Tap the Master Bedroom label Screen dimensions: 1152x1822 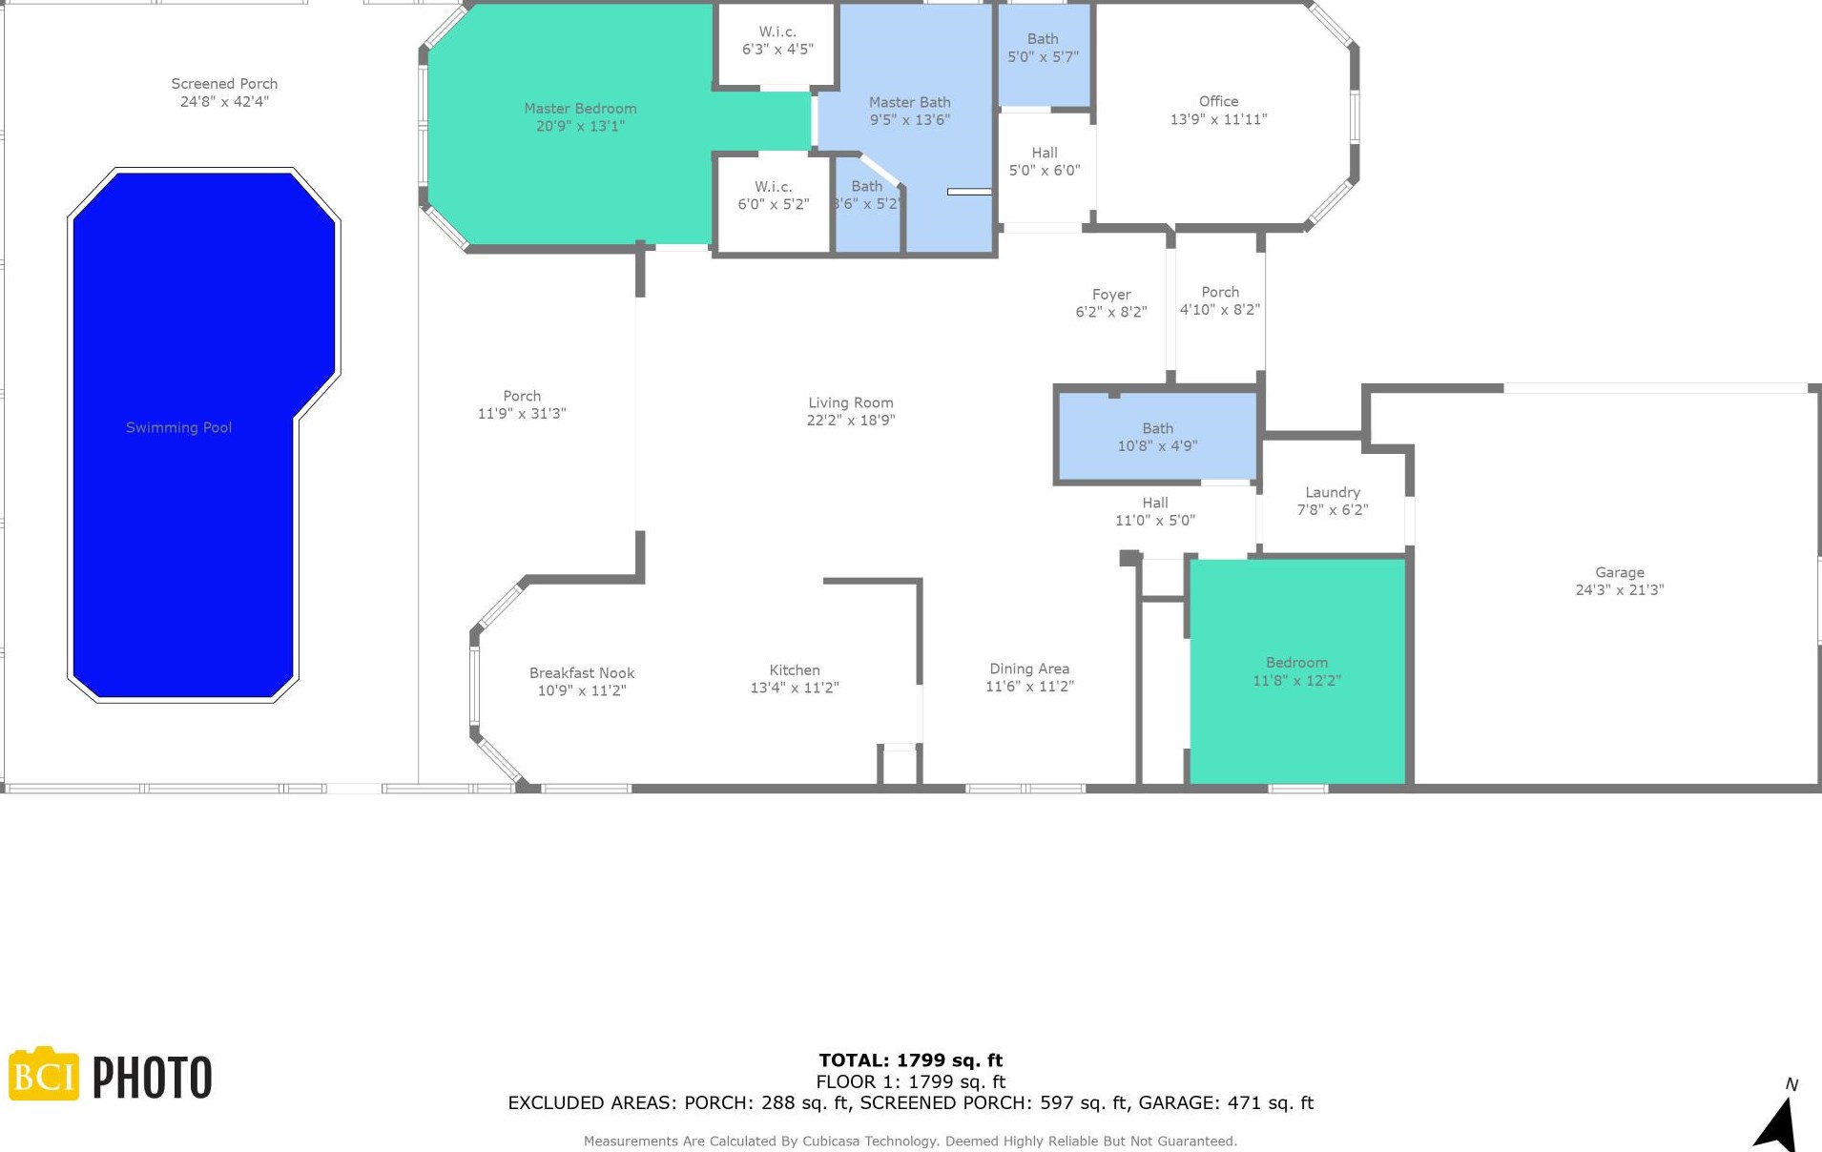point(580,109)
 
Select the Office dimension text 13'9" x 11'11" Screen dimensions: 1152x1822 point(1218,119)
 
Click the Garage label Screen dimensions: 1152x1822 point(1619,572)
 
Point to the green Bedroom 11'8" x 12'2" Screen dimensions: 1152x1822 point(1296,706)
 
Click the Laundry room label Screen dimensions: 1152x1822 point(1332,492)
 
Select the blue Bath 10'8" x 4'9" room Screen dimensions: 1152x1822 point(1157,437)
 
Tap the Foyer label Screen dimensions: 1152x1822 point(1111,295)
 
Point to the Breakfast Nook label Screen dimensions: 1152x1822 point(582,672)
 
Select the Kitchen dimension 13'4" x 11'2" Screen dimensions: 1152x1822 point(794,688)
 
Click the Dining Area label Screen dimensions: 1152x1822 point(1028,669)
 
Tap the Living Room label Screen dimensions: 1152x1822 point(850,402)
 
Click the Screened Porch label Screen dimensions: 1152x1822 point(224,84)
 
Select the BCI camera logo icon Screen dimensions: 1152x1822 point(44,1075)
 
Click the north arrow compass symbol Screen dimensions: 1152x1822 point(1778,1122)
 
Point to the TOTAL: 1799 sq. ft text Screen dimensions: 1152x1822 point(910,1059)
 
